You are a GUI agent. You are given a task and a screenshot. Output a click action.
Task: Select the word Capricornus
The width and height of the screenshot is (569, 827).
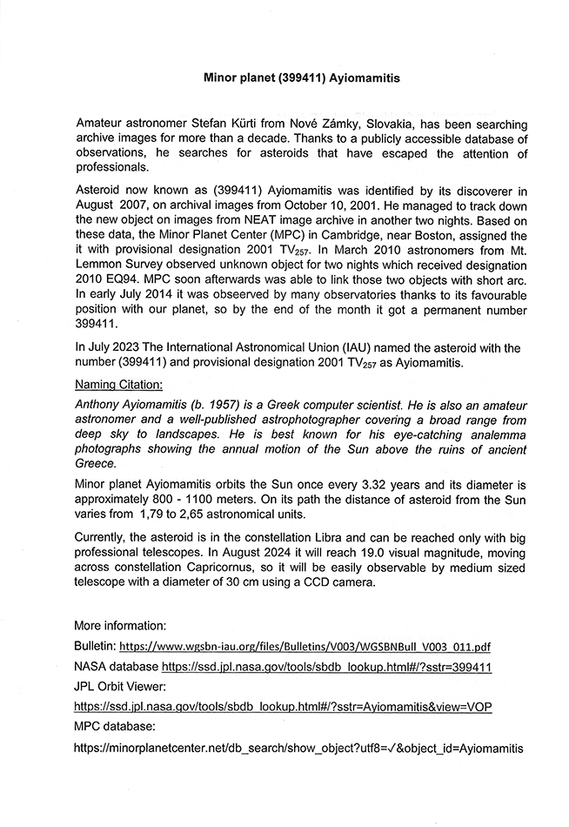pyautogui.click(x=246, y=569)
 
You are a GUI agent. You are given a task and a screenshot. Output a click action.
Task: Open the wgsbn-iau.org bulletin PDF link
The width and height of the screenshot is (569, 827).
pyautogui.click(x=305, y=647)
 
